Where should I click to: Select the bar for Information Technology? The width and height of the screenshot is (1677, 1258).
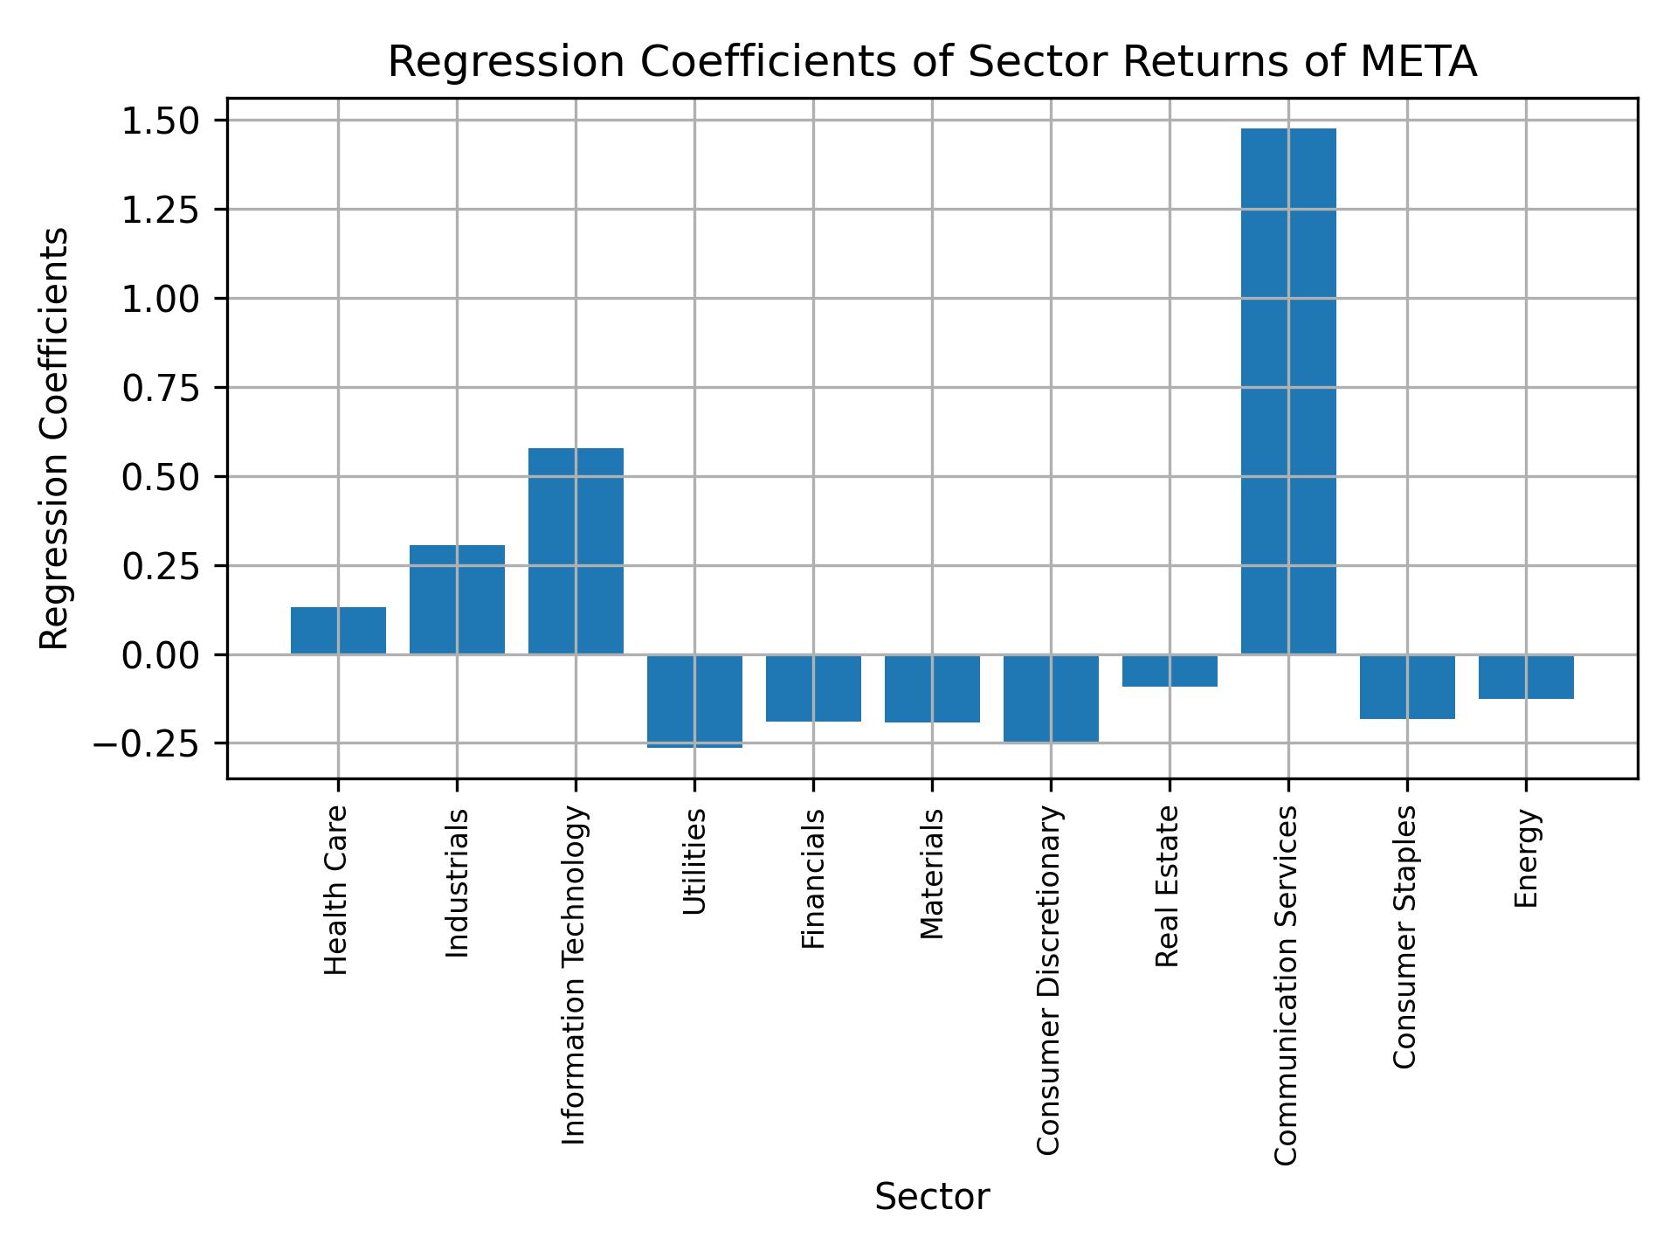coord(576,551)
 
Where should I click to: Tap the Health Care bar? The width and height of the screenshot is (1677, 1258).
coord(338,631)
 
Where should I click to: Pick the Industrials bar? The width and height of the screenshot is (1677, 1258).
coord(457,599)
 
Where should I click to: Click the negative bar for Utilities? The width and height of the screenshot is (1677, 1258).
coord(694,701)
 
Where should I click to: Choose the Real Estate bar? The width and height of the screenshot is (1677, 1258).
coord(1170,671)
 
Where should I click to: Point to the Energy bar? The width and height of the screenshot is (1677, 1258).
coord(1526,677)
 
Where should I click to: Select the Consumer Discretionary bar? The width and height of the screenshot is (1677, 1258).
coord(1051,698)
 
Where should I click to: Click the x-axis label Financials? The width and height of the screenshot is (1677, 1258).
coord(813,878)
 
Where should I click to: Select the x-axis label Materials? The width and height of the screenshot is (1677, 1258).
coord(932,874)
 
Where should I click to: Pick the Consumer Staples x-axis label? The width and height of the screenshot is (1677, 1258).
coord(1405,937)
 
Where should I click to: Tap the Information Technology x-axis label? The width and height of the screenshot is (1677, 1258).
coord(574,975)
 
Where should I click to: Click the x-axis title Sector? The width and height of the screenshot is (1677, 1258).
coord(932,1198)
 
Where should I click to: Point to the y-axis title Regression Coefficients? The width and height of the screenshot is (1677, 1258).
coord(55,439)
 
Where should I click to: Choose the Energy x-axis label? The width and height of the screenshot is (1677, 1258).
coord(1525,858)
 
